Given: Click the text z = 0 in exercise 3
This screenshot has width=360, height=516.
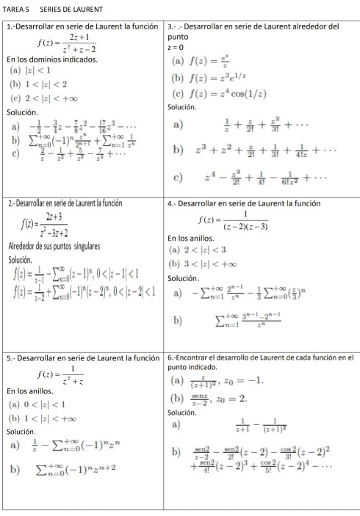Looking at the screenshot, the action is tap(176, 46).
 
